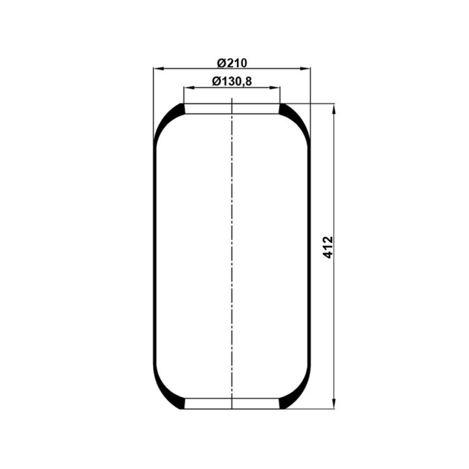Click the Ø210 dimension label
pyautogui.click(x=232, y=63)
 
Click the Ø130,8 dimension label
pyautogui.click(x=232, y=81)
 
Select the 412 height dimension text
pyautogui.click(x=328, y=247)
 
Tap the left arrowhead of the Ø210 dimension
pyautogui.click(x=159, y=69)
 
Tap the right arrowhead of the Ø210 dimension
pyautogui.click(x=305, y=69)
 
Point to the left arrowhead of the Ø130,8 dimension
pyautogui.click(x=189, y=88)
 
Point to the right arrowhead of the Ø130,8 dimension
pyautogui.click(x=275, y=88)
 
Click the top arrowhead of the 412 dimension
pyautogui.click(x=334, y=109)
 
